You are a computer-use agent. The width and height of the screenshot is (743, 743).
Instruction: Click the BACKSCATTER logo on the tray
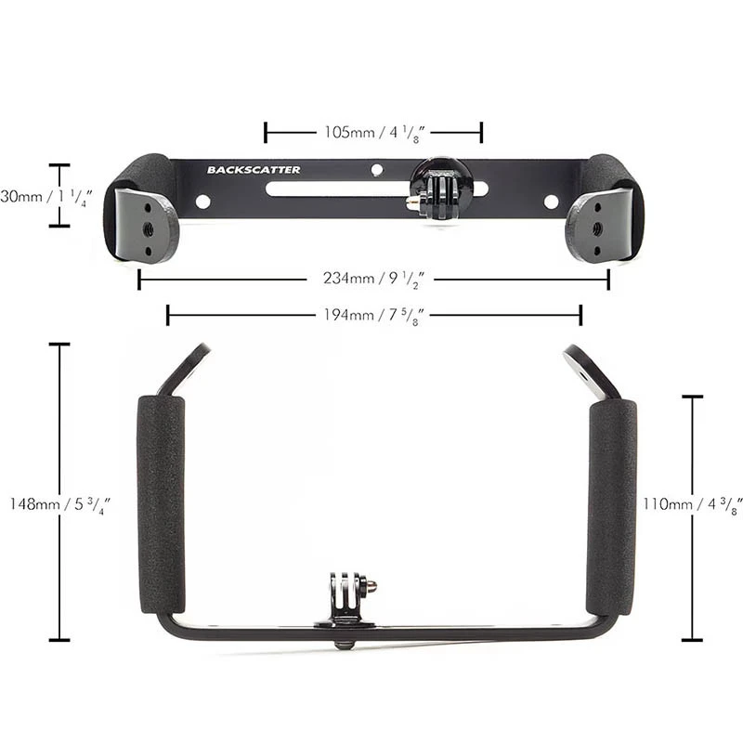pos(254,170)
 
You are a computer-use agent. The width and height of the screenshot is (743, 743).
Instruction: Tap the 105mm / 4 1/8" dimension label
pos(374,132)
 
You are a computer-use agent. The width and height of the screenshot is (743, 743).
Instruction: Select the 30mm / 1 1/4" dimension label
pos(46,197)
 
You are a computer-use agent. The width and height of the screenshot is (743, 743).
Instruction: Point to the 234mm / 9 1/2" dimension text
pos(373,279)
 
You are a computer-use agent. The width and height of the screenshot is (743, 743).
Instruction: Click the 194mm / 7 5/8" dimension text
pos(373,315)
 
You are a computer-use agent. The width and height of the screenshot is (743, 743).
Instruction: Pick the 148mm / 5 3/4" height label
pos(59,504)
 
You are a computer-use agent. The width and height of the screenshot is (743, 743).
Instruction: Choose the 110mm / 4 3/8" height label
pos(692,504)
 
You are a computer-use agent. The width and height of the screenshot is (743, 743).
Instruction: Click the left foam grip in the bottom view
pos(161,505)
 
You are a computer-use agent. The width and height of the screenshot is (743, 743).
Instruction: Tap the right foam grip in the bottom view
pos(611,507)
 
